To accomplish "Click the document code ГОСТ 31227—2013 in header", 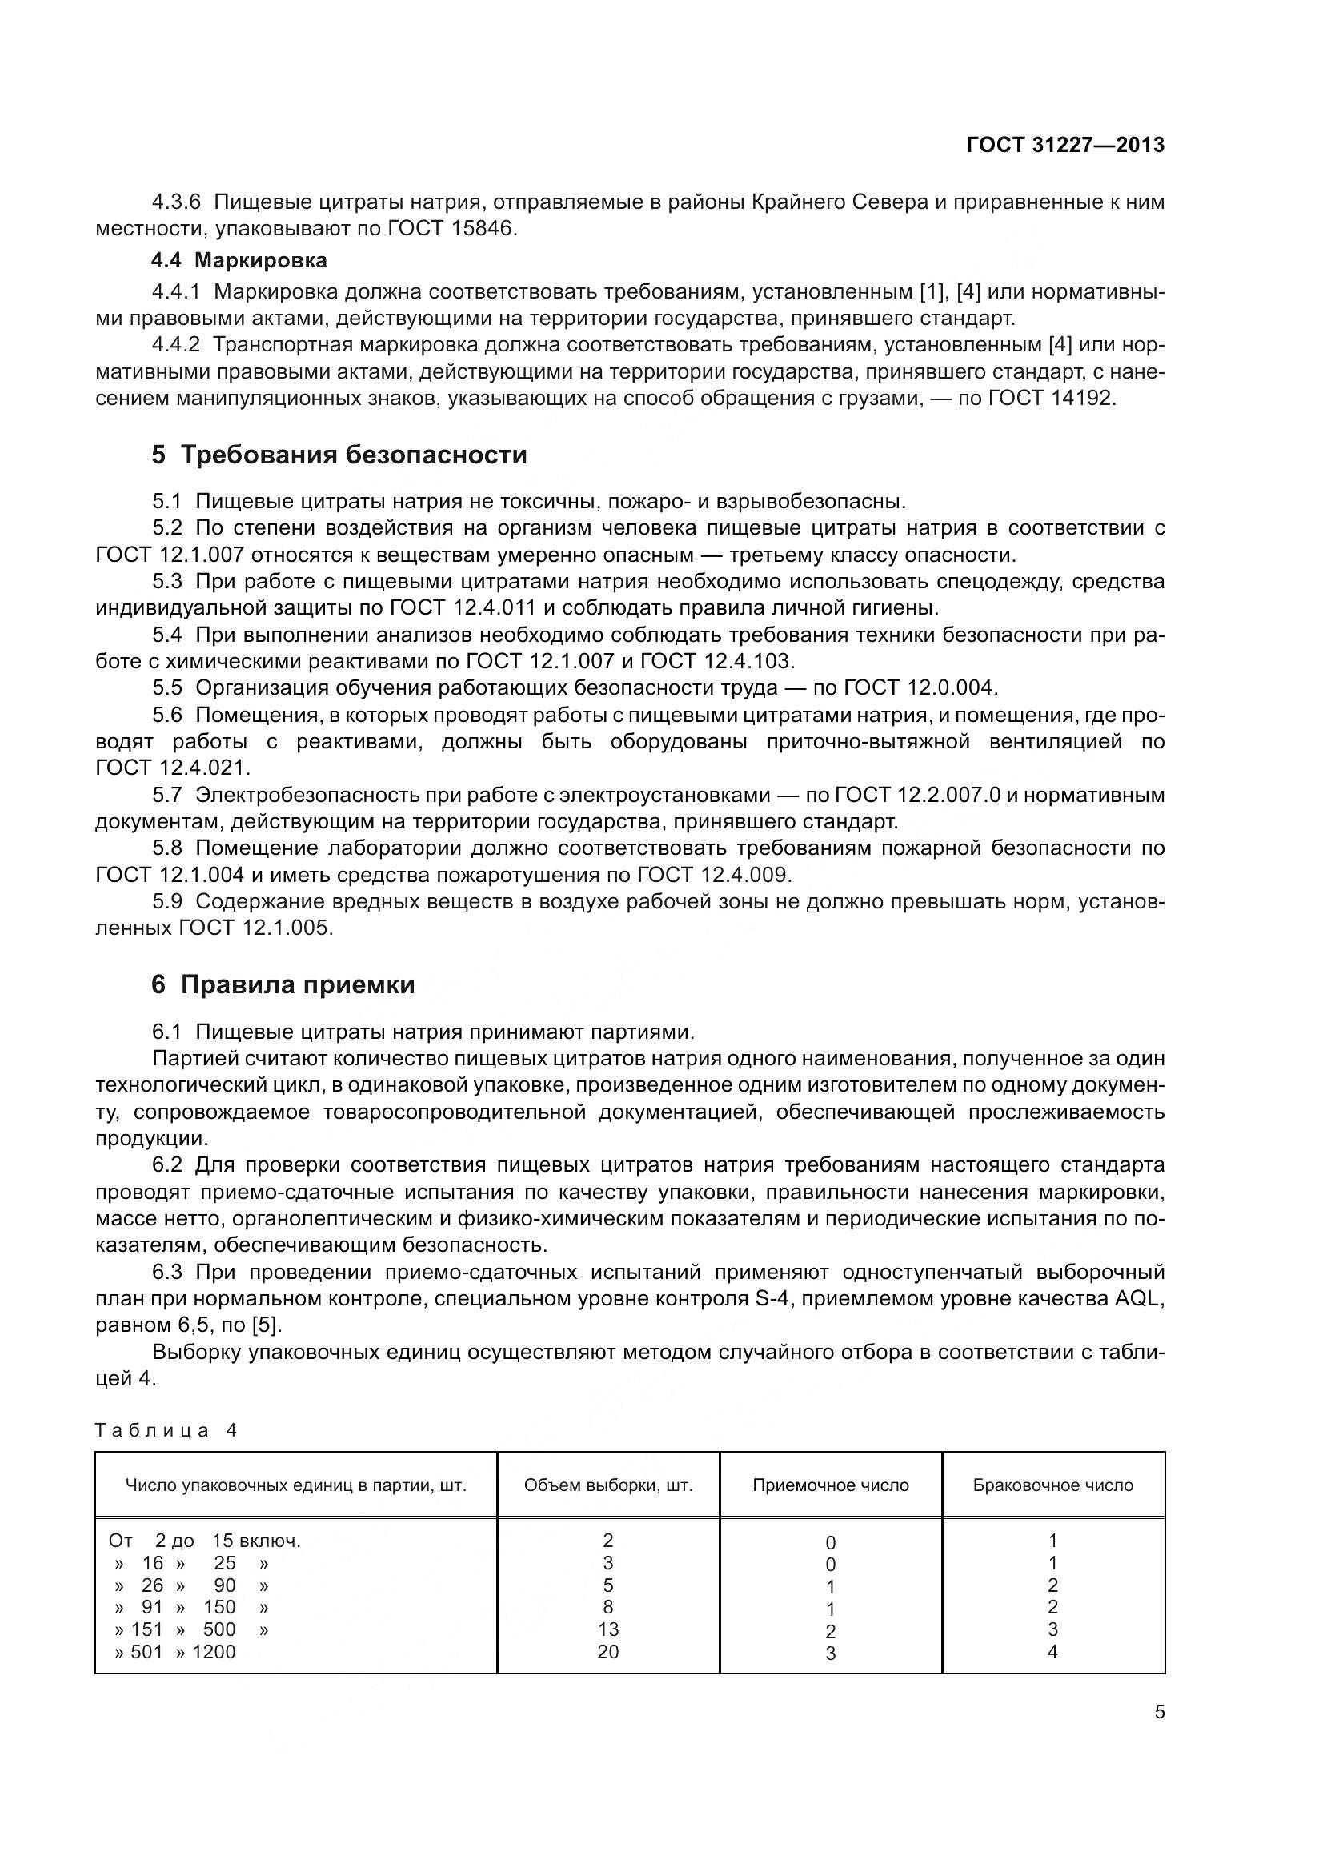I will click(1064, 145).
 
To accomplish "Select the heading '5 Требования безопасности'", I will click(339, 455).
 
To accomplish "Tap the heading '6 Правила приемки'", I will click(283, 985).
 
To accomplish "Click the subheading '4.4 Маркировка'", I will click(239, 261).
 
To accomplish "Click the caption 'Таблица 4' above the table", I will click(166, 1430).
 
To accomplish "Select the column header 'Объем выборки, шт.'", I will click(608, 1485).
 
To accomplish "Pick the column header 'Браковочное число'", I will click(1052, 1485).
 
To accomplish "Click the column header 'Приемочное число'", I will click(830, 1485).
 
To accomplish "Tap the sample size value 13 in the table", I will click(608, 1629).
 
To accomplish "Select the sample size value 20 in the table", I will click(608, 1652).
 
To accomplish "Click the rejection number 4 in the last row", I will click(1052, 1652).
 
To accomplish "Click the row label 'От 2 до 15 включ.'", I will click(205, 1540).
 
